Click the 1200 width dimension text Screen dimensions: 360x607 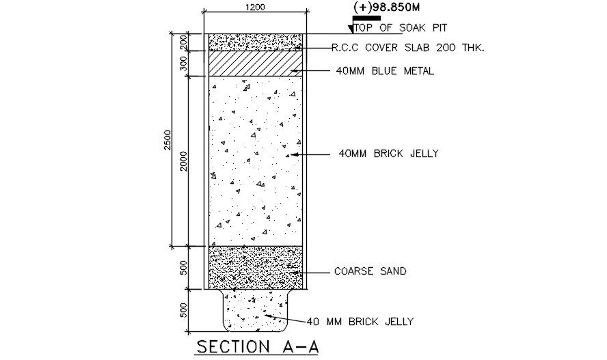point(255,7)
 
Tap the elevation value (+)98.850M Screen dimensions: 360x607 point(386,6)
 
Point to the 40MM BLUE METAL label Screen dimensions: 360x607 point(385,71)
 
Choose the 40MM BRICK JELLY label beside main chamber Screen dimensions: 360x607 point(388,154)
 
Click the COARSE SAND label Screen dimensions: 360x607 point(370,271)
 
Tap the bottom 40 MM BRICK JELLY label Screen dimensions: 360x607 point(360,321)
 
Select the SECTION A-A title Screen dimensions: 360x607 point(258,346)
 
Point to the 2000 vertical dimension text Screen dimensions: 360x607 point(183,161)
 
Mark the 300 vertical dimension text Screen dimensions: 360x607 point(183,64)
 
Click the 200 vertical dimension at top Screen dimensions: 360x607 point(183,42)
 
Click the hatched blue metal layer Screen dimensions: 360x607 point(254,63)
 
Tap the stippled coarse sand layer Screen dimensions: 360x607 point(254,267)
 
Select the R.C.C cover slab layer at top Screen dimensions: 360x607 point(254,42)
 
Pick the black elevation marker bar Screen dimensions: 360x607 point(366,18)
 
